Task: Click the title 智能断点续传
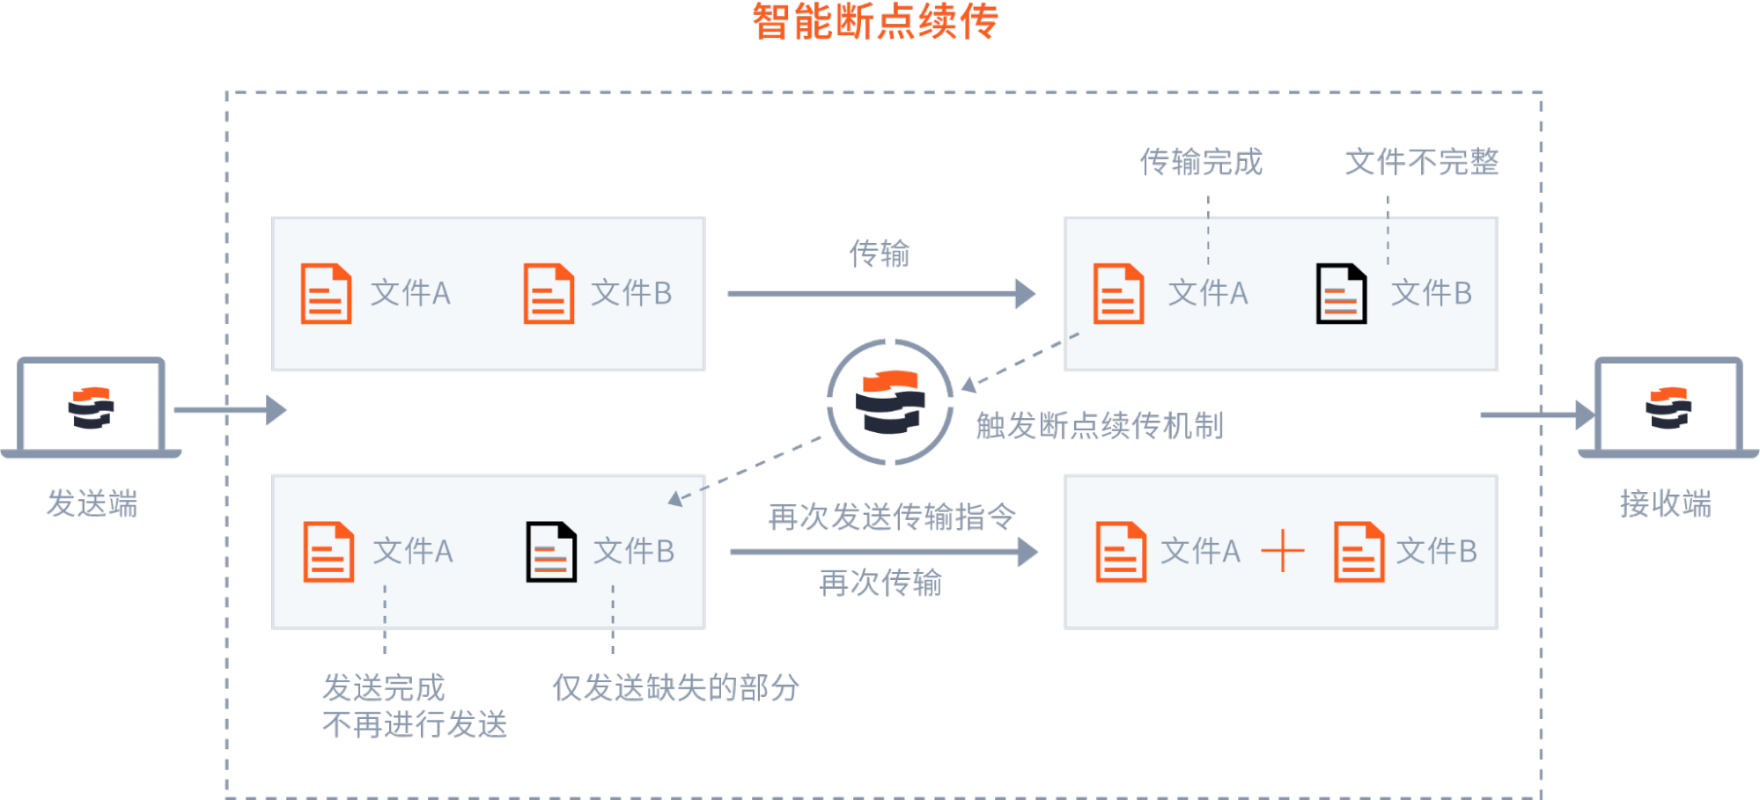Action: point(874,22)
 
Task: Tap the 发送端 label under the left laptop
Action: point(92,504)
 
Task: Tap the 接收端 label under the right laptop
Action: point(1665,504)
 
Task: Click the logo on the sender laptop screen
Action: point(91,408)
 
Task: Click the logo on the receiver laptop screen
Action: point(1668,408)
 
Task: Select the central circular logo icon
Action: point(890,402)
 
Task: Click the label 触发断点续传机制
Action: point(1100,426)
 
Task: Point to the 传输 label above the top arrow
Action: point(879,253)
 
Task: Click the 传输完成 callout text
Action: point(1201,162)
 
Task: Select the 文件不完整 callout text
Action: point(1421,162)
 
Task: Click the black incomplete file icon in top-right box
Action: point(1341,294)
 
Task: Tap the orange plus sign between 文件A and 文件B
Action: point(1283,552)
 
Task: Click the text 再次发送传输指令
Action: point(892,517)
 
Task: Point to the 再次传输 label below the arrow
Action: point(880,583)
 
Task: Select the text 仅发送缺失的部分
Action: point(675,687)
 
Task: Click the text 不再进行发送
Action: point(415,725)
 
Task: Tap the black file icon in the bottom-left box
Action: point(551,552)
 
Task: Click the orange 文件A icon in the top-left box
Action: point(326,294)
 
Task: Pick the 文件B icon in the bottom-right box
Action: point(1359,552)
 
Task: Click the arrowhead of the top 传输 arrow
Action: point(1026,294)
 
